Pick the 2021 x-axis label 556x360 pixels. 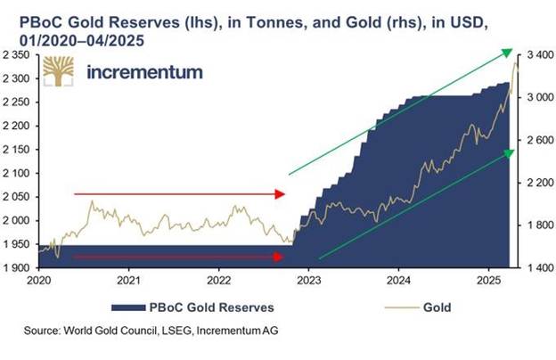point(130,280)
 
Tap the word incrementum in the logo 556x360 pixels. point(144,71)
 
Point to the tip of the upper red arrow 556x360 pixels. point(284,193)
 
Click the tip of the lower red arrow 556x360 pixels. point(284,257)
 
